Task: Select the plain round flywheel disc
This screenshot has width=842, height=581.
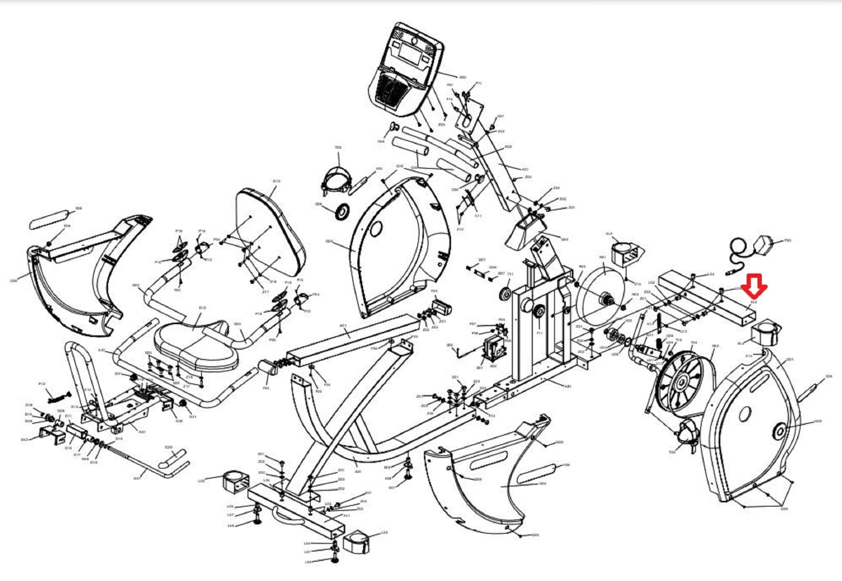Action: click(602, 294)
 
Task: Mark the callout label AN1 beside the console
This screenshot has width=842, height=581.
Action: click(463, 77)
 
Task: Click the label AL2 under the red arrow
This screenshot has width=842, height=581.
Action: click(754, 302)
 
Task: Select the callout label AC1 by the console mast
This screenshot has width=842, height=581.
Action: click(525, 169)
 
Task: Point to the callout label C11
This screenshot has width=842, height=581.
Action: click(478, 216)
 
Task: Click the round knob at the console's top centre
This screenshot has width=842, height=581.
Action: click(414, 41)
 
